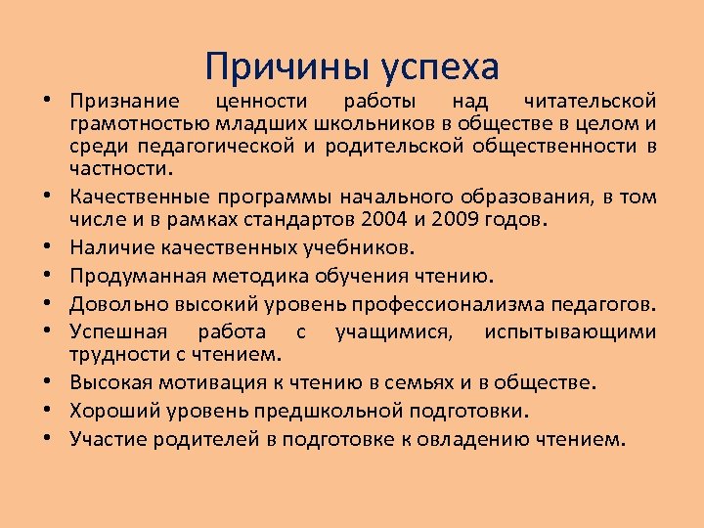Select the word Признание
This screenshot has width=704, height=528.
pos(124,101)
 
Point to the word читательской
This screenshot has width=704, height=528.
pos(590,101)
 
